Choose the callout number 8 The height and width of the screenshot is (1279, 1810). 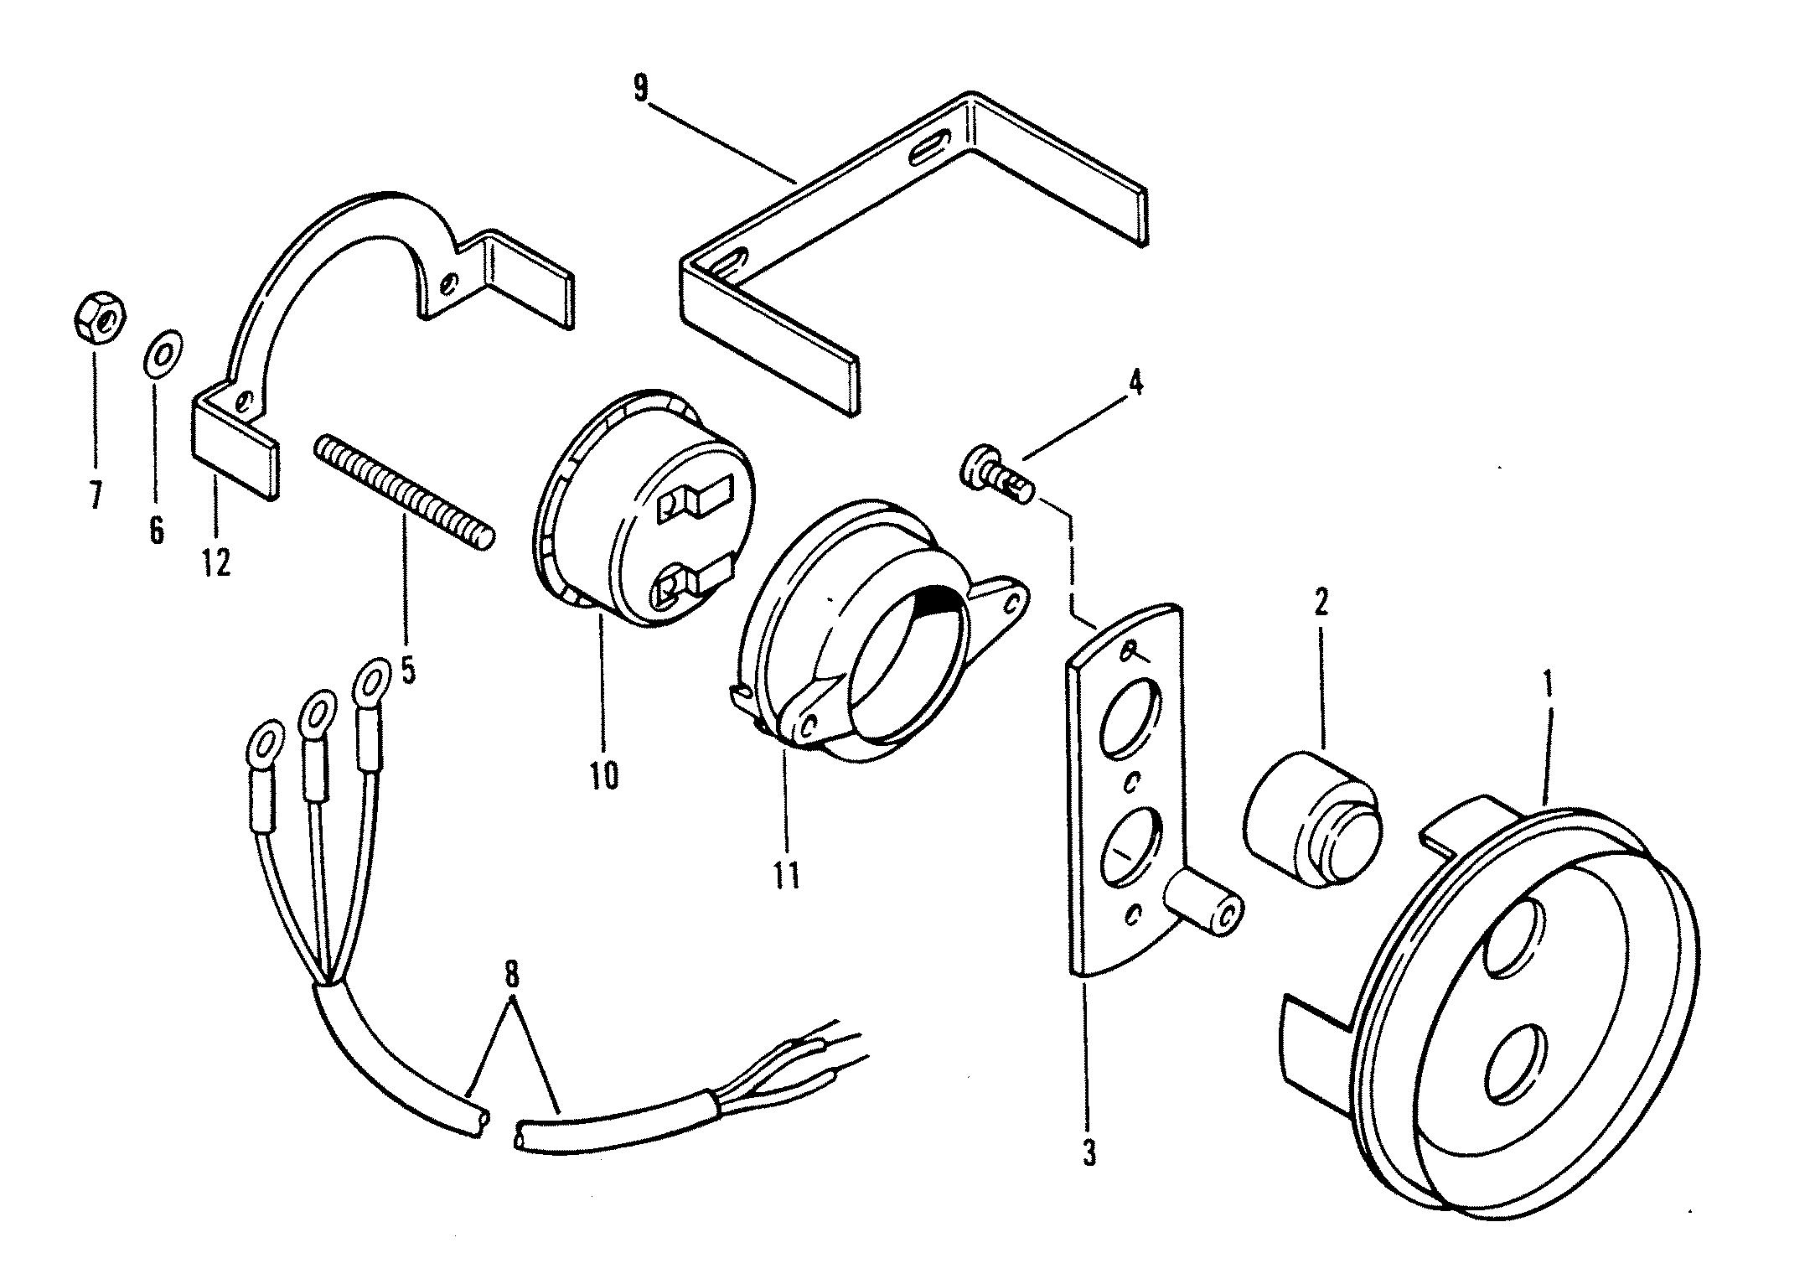click(x=512, y=977)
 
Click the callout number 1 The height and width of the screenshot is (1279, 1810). click(x=1547, y=682)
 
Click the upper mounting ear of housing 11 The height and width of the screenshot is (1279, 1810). click(x=1002, y=596)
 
